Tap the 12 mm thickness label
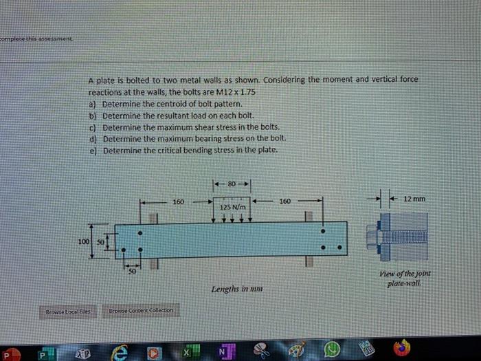(416, 199)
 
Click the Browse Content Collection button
(140, 309)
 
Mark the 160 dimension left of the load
(179, 202)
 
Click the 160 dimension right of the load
(285, 202)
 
